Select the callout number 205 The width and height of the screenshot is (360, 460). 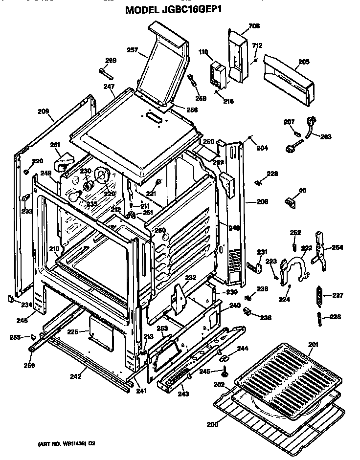pos(304,62)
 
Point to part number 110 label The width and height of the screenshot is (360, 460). pos(203,52)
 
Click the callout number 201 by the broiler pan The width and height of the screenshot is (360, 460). pos(314,345)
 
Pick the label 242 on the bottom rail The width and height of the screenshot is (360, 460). pos(75,376)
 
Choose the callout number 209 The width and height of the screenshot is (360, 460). pos(44,111)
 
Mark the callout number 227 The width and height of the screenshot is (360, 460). pos(338,295)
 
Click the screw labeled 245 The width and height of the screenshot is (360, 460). pos(225,371)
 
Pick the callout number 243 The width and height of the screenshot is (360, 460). pos(182,394)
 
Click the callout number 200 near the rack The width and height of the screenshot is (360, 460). pos(212,424)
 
